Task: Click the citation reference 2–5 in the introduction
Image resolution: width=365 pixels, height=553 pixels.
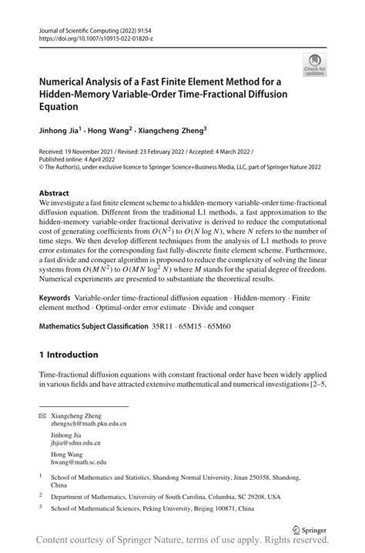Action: (316, 383)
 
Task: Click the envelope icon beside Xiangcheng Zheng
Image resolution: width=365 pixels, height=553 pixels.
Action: (42, 415)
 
